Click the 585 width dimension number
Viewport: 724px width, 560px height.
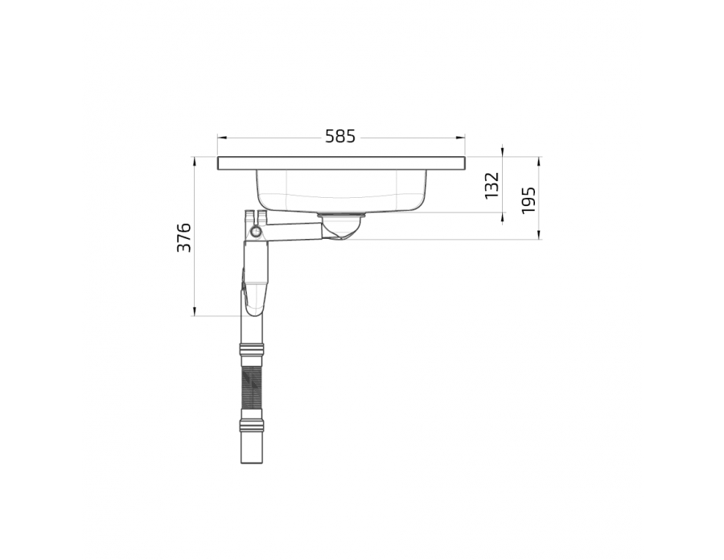tap(340, 137)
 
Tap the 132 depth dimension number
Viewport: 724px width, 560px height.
tap(492, 186)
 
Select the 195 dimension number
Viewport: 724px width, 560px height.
tap(529, 200)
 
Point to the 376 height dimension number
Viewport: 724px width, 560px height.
tap(183, 237)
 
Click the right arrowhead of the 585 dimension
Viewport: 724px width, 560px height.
tap(460, 137)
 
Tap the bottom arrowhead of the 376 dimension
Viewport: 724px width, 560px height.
tap(195, 311)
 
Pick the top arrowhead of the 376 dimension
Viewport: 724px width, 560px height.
tap(195, 162)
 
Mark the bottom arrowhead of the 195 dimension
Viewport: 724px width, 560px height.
tap(539, 235)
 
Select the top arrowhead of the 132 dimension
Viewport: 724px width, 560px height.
tap(503, 152)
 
